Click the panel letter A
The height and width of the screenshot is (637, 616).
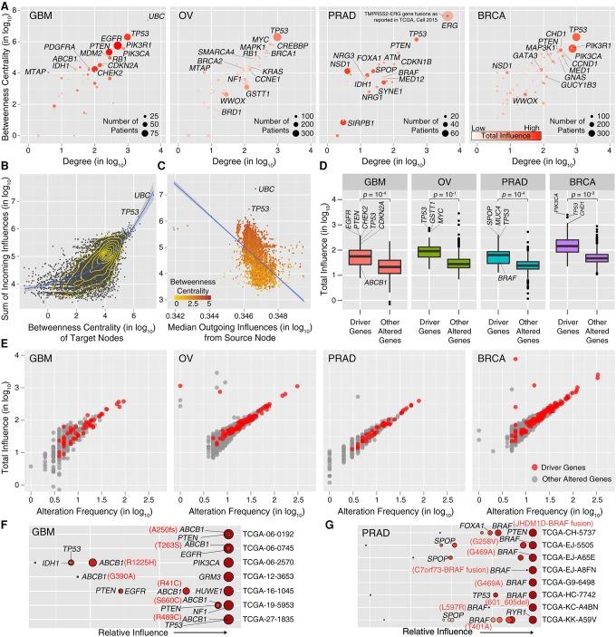tap(6, 6)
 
